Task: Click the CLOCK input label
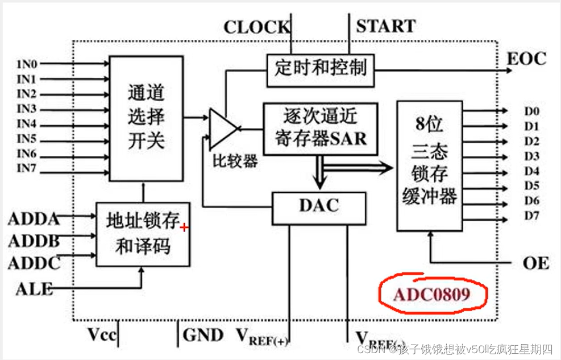tap(256, 27)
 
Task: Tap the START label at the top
tap(385, 26)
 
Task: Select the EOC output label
tap(526, 59)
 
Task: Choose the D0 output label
tap(531, 111)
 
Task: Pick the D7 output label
tap(531, 216)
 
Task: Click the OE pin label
tap(535, 263)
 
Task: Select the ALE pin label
tap(34, 289)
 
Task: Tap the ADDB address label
tap(34, 241)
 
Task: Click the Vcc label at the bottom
tap(102, 334)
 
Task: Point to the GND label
tap(203, 335)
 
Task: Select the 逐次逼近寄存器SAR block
tap(320, 129)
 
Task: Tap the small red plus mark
tap(184, 227)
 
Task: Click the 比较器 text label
tap(235, 161)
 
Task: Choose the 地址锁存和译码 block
tap(142, 234)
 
